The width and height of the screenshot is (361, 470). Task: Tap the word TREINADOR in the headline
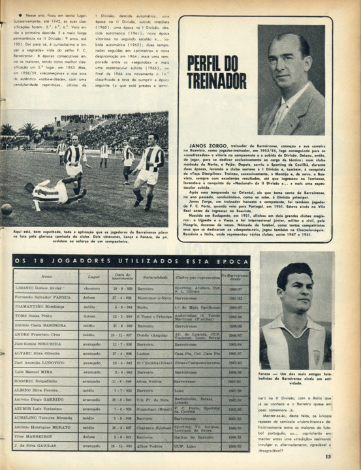(216, 80)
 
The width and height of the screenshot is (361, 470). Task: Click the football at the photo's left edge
(6, 210)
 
